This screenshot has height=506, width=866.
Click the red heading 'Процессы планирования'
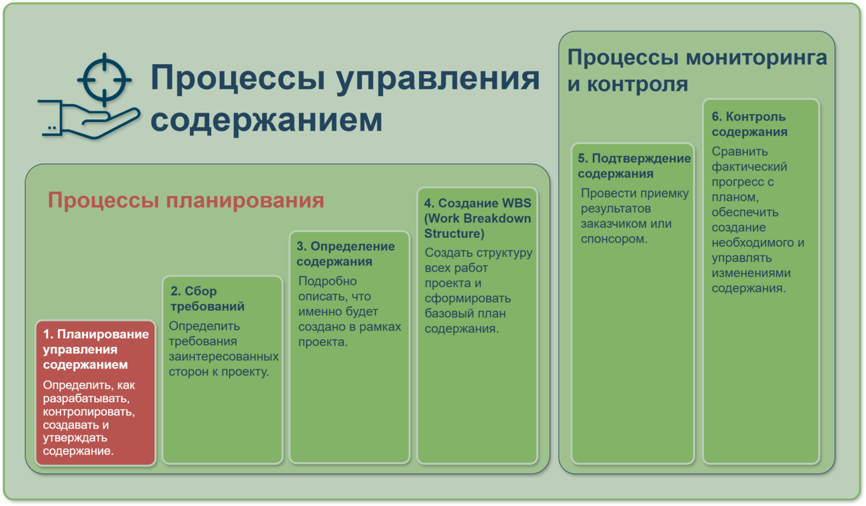(186, 201)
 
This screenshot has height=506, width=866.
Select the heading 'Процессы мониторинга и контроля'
(697, 71)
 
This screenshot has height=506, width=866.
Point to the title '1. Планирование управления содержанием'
(96, 349)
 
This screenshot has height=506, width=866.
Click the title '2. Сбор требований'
(207, 299)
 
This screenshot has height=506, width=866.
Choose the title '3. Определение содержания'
(346, 254)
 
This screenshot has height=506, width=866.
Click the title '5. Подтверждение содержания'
(634, 166)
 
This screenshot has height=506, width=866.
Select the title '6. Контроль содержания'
(749, 124)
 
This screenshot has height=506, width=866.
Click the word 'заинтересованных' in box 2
(224, 356)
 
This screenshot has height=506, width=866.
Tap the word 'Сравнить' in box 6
(739, 151)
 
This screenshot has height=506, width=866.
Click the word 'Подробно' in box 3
(328, 281)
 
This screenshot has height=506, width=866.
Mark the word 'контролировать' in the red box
(89, 411)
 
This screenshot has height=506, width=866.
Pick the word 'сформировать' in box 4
(468, 298)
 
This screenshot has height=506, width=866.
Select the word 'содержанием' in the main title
(266, 121)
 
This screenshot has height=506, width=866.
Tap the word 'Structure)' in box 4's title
(454, 233)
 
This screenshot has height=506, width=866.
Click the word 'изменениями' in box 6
(751, 273)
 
